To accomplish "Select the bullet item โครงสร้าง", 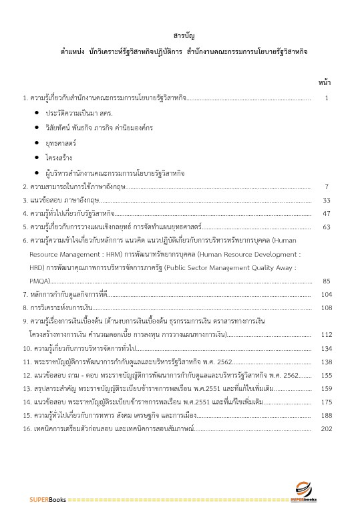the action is point(59,157).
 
